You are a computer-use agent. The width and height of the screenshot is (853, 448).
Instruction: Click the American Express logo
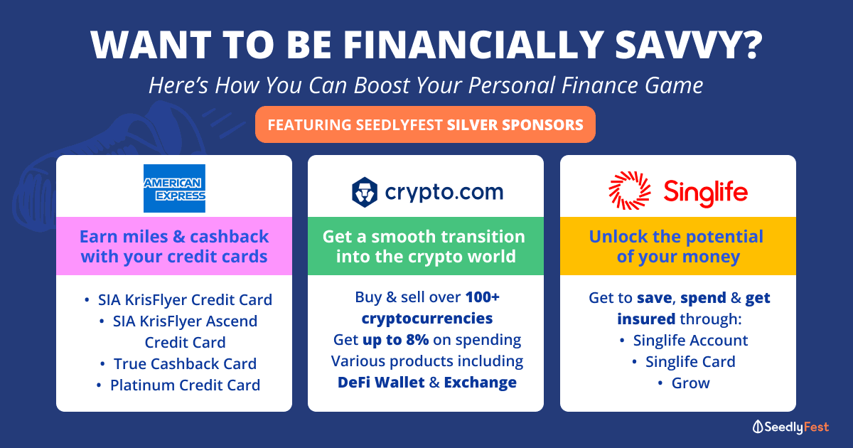click(x=174, y=188)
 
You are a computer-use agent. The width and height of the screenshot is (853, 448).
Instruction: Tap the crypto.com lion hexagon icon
click(x=365, y=192)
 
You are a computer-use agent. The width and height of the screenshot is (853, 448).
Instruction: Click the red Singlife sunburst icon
click(x=630, y=191)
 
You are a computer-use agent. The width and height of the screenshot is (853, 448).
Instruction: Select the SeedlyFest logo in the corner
click(x=790, y=427)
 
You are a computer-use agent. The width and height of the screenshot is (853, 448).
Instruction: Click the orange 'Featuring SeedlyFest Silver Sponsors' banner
click(x=425, y=124)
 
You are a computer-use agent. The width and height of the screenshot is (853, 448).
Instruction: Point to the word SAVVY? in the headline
click(x=689, y=44)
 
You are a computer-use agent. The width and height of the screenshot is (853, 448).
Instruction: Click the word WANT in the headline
click(x=151, y=44)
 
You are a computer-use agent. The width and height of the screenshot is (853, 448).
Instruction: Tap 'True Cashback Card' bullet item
click(x=185, y=364)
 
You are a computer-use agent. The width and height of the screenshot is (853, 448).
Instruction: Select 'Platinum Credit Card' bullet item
click(x=185, y=385)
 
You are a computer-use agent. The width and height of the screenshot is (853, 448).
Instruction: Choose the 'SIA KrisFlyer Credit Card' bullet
click(x=185, y=300)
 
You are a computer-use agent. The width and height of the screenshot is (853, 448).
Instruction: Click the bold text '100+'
click(x=483, y=297)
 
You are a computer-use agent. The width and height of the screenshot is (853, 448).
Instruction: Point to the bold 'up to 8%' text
click(x=396, y=340)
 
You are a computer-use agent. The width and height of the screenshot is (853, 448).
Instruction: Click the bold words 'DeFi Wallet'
click(x=381, y=383)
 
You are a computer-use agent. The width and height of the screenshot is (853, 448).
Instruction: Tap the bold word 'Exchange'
click(x=481, y=383)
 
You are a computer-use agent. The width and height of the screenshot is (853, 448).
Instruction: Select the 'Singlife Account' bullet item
click(x=690, y=341)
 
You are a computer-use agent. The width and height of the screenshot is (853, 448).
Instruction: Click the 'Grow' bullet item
click(x=690, y=383)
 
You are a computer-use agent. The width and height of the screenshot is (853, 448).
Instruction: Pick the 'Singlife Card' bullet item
click(x=690, y=362)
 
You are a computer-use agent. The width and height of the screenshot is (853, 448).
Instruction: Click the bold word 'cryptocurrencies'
click(x=427, y=319)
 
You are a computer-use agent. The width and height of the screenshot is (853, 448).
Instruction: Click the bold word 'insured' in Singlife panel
click(x=646, y=319)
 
